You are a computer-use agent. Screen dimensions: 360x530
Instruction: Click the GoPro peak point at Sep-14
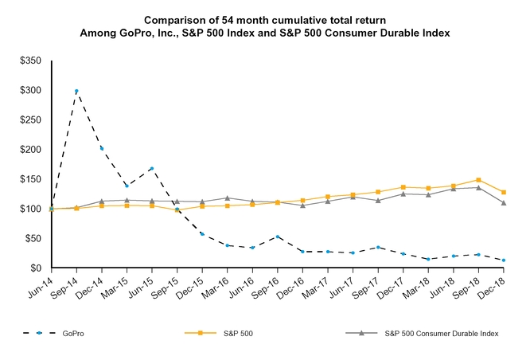(76, 92)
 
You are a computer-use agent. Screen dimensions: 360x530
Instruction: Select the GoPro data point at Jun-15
(151, 169)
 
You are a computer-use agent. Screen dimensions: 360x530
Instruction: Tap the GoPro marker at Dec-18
(503, 260)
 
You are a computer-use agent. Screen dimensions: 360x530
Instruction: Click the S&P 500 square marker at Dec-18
(503, 192)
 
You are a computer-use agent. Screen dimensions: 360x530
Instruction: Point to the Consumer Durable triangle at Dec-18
(503, 203)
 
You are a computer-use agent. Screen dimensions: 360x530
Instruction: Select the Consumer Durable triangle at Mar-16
(227, 198)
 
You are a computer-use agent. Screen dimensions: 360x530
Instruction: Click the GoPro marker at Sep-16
(277, 237)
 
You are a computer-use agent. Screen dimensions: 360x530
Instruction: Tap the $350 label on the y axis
(32, 61)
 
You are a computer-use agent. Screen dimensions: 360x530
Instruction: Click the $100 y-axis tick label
(32, 209)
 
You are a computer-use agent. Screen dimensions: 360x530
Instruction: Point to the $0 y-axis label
(37, 268)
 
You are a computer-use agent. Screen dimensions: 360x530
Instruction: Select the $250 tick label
(32, 119)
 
